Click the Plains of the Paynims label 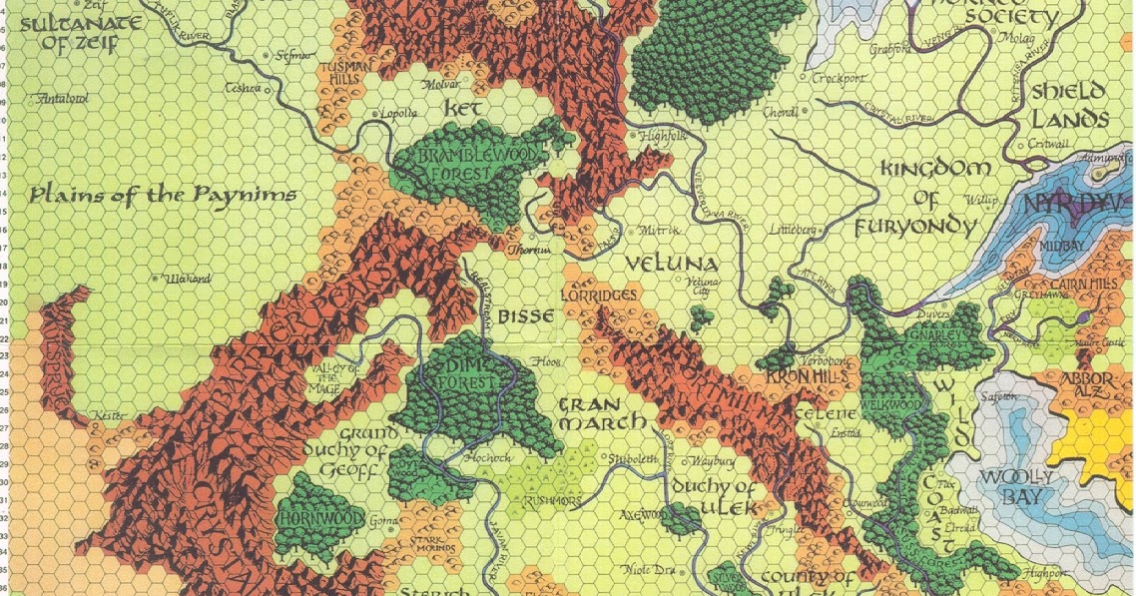pos(163,195)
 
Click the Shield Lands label pos(1070,104)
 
